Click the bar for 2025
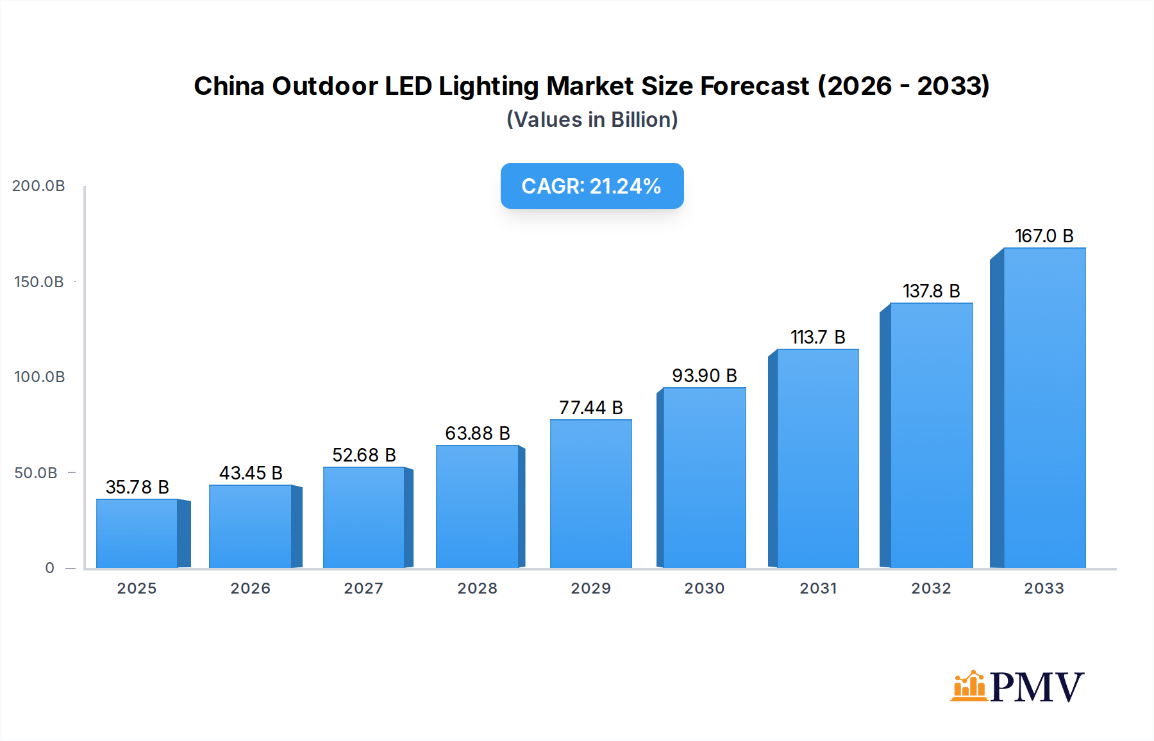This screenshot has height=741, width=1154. [x=137, y=533]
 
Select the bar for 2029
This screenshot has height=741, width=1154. [x=590, y=494]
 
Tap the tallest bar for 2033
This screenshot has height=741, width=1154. [x=1044, y=408]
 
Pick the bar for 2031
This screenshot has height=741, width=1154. [x=817, y=458]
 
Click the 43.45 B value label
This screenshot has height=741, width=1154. [x=251, y=473]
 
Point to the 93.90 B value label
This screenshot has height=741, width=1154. [x=704, y=376]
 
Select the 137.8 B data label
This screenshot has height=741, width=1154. [x=931, y=291]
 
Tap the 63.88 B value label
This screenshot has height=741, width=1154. [x=477, y=433]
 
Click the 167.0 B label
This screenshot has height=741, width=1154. [x=1044, y=236]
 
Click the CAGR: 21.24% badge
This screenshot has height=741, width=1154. [x=592, y=186]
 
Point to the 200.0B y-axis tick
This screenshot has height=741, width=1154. [x=38, y=186]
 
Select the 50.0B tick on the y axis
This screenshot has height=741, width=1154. [x=36, y=473]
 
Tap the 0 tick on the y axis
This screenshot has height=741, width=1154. [x=49, y=568]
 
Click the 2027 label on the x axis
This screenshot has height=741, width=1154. [x=364, y=588]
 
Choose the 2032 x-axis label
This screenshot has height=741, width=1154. [x=931, y=588]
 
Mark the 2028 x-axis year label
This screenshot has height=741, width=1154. [x=477, y=588]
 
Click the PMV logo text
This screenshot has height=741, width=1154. [x=1037, y=687]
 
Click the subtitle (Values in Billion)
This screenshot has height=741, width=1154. [x=592, y=120]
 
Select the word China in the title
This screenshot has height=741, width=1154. [x=228, y=86]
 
